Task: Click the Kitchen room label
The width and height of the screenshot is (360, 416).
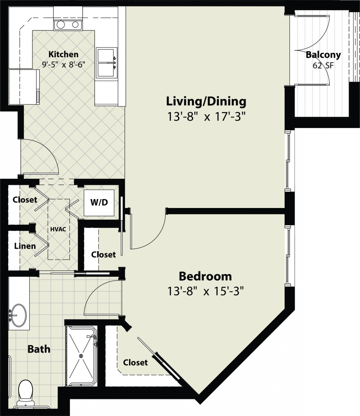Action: [63, 54]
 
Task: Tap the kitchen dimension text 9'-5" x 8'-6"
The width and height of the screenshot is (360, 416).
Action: [64, 65]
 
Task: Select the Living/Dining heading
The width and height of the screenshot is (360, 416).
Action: [206, 102]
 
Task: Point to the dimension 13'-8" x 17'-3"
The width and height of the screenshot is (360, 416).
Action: [206, 117]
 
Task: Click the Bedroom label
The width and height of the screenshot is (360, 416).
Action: [205, 276]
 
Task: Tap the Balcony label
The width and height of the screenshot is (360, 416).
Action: [323, 55]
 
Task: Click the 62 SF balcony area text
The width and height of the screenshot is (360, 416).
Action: [323, 65]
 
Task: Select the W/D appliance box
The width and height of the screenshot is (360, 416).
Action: [99, 203]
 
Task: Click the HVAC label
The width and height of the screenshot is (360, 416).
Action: [58, 229]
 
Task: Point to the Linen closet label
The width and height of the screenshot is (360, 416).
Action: [25, 246]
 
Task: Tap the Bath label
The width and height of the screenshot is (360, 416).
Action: [39, 349]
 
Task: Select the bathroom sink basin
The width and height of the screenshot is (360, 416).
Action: [18, 315]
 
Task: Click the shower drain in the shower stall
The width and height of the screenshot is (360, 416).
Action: [81, 356]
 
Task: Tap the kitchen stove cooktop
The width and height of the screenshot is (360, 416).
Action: [68, 25]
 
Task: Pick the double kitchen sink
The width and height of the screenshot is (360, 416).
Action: [106, 63]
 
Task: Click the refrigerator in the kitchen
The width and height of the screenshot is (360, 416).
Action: [24, 87]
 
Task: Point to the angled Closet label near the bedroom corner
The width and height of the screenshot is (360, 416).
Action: [135, 362]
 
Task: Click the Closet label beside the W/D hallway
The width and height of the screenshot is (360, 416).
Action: [25, 199]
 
